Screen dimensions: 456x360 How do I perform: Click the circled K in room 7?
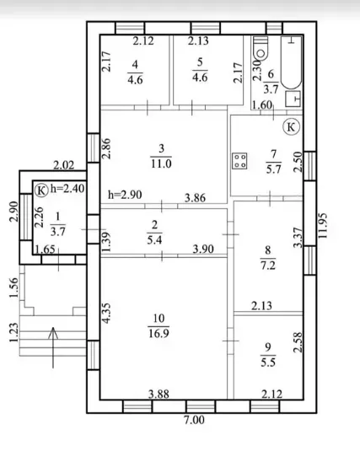pos(291,126)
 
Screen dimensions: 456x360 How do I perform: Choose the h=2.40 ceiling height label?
pos(67,189)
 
